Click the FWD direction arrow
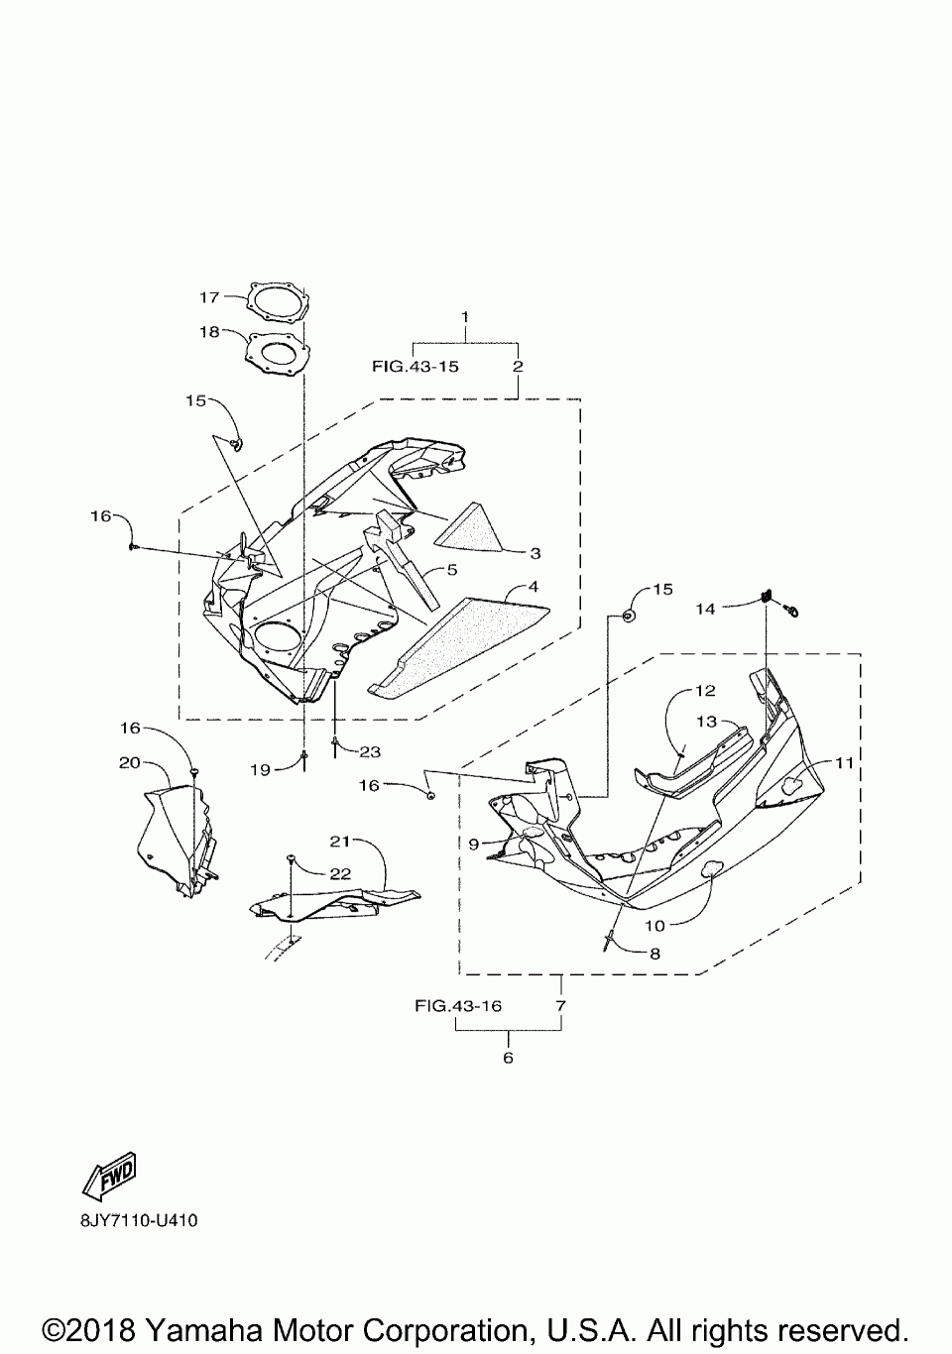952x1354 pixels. tap(109, 1175)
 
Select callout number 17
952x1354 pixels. tap(208, 296)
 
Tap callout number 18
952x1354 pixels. tap(208, 332)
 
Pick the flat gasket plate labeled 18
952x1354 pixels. tap(277, 354)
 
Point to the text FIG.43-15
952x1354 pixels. tap(416, 366)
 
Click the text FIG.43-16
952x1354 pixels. tap(458, 1006)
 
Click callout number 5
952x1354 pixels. tap(451, 570)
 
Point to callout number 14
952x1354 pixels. tap(705, 609)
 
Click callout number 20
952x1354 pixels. tap(129, 763)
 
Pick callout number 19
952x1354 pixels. tap(260, 769)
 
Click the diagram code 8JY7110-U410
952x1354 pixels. tap(139, 1220)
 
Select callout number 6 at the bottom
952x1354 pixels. tap(508, 1058)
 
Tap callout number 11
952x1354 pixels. tap(844, 763)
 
